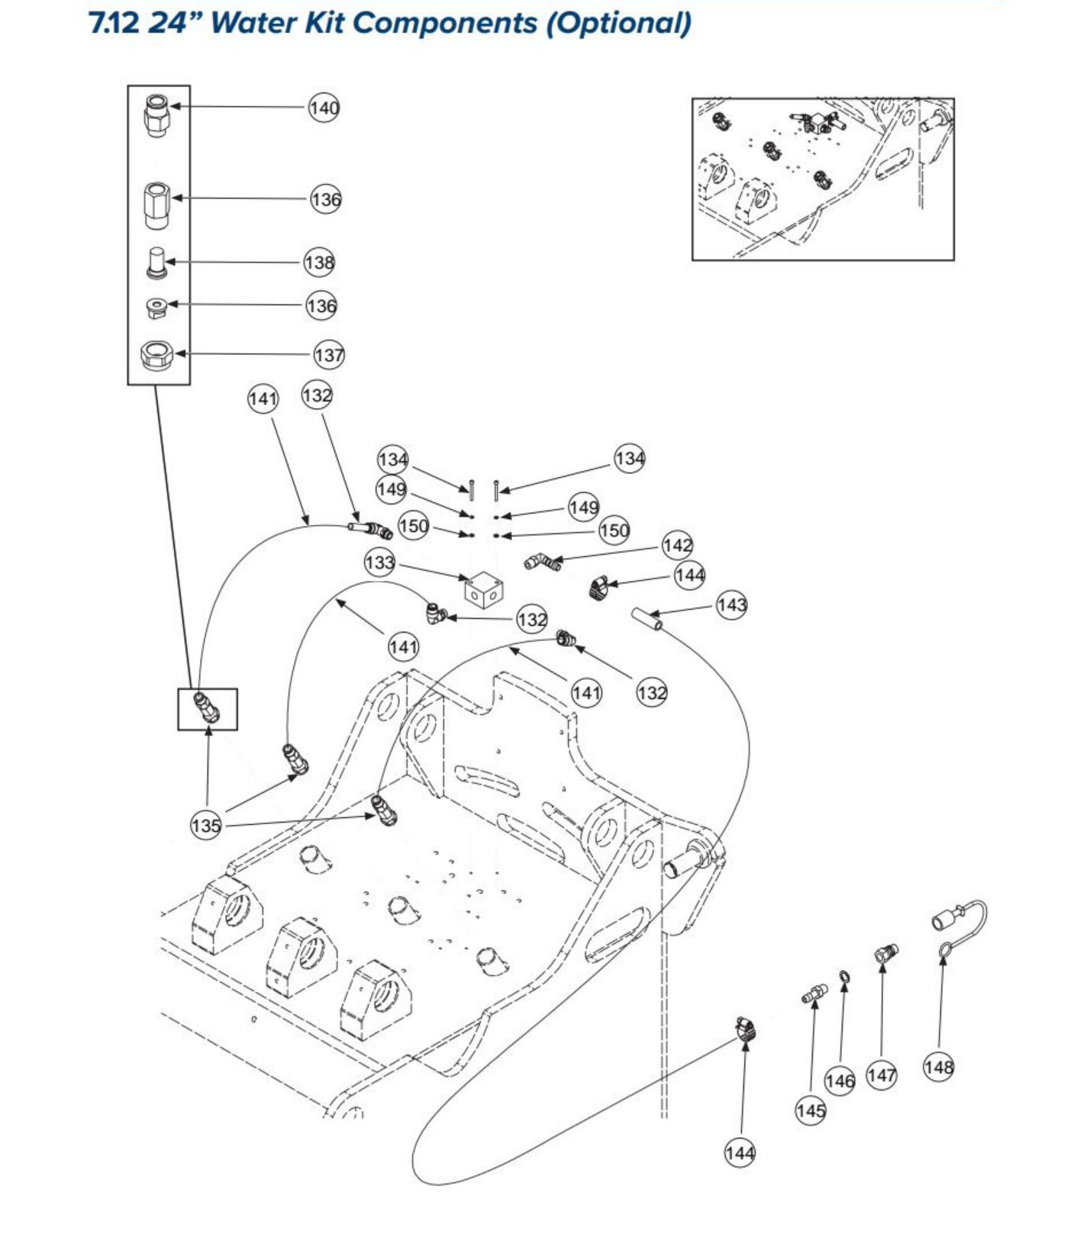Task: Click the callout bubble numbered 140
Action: (324, 108)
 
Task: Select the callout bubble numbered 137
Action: (329, 355)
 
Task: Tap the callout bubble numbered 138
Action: (319, 263)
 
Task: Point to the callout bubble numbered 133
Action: (379, 563)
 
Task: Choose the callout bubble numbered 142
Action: (677, 546)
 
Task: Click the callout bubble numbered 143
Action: (731, 605)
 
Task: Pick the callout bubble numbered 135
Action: (206, 825)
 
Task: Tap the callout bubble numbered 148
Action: (938, 1066)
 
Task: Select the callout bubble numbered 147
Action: (881, 1075)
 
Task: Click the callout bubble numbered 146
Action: (840, 1081)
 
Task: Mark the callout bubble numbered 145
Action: (810, 1110)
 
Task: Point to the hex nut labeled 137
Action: (157, 355)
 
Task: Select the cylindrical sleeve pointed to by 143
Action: (647, 619)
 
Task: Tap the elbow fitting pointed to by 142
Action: (542, 563)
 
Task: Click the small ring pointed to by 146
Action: (844, 978)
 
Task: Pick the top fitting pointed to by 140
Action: (156, 115)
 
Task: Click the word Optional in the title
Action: (618, 23)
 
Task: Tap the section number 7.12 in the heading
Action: (114, 23)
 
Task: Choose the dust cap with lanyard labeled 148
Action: (959, 927)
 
